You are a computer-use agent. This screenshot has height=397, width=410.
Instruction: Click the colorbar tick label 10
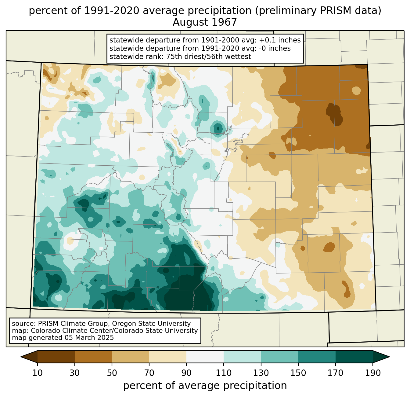(x=37, y=373)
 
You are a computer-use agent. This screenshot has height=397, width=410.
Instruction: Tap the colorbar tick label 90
(x=186, y=373)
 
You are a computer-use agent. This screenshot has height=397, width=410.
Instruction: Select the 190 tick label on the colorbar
(x=373, y=373)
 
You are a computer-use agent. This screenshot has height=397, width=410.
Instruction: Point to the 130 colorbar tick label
(x=261, y=373)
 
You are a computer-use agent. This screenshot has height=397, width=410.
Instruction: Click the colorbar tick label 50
(x=112, y=373)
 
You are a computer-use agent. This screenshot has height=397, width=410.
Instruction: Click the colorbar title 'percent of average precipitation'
(x=205, y=386)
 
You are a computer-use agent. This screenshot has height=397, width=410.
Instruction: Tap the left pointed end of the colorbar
(x=21, y=357)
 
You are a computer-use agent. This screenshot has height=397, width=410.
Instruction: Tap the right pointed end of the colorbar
(x=389, y=357)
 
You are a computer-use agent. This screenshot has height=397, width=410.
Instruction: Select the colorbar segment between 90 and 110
(x=205, y=357)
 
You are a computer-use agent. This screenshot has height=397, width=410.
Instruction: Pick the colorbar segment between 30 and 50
(x=93, y=357)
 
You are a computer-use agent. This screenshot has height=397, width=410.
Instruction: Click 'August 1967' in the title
(x=205, y=22)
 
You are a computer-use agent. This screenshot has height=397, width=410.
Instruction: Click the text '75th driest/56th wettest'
(x=209, y=57)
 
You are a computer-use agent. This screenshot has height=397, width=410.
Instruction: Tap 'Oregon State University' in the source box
(x=151, y=324)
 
